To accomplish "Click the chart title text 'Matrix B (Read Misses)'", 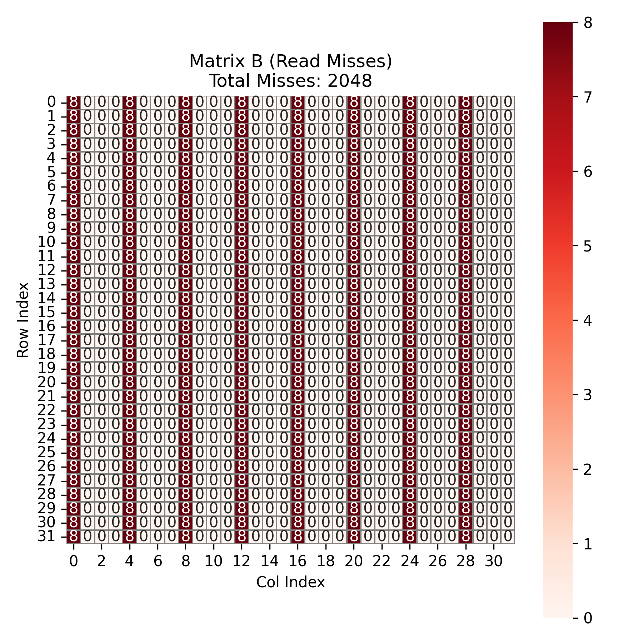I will (x=290, y=61).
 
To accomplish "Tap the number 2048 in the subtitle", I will (x=349, y=81).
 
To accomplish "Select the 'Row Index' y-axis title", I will (x=23, y=320).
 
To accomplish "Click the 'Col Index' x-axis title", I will (x=290, y=582).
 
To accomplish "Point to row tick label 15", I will (x=46, y=313).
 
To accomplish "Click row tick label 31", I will (x=46, y=537).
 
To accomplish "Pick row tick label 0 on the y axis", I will (x=51, y=103).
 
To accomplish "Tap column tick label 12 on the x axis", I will (x=241, y=562).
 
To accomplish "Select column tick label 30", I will (x=494, y=562).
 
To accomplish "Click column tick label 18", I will (x=325, y=562).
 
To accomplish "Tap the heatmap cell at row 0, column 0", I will (x=74, y=103).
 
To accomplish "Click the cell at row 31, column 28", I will (x=466, y=537).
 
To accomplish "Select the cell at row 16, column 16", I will (x=298, y=327).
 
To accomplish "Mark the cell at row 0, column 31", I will (x=508, y=103).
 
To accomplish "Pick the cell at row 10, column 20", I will (x=354, y=243).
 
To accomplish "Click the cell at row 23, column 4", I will (x=130, y=424).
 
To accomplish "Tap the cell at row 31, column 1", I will (x=88, y=537).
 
